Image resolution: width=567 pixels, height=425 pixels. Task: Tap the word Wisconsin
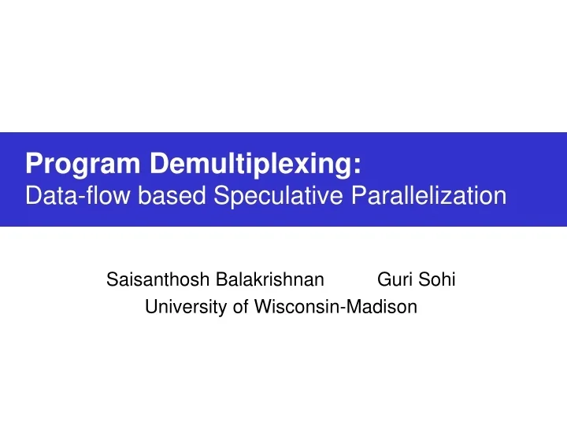tap(295, 308)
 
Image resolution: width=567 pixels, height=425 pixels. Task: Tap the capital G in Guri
tap(384, 280)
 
